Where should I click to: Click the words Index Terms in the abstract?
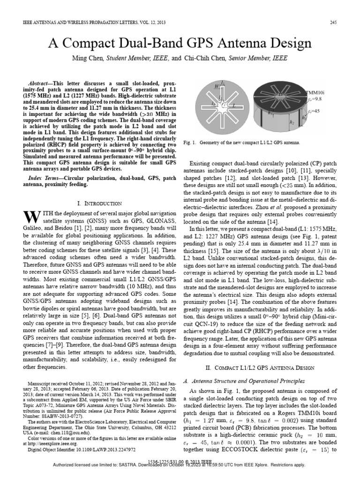(x=41, y=179)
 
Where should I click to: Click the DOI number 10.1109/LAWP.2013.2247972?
(x=100, y=449)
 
